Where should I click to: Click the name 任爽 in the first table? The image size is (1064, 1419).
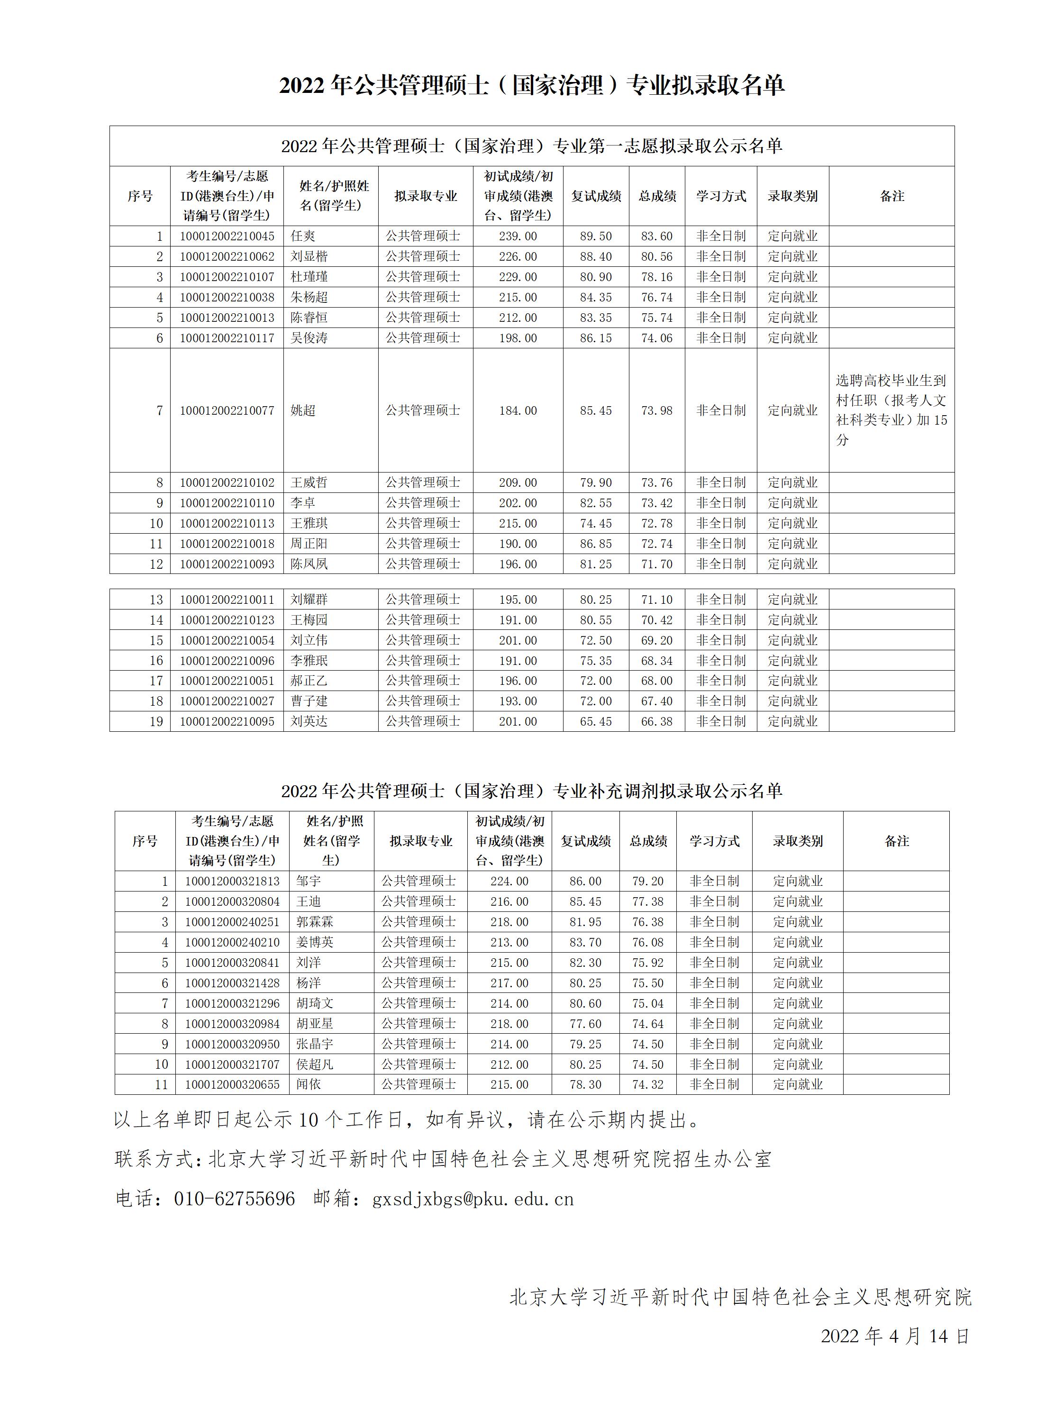point(303,236)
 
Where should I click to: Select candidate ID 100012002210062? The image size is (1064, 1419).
point(227,256)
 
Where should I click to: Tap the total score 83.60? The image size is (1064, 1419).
point(657,236)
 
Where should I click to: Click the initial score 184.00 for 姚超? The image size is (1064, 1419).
point(518,410)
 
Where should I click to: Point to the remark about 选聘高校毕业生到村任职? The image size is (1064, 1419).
point(891,410)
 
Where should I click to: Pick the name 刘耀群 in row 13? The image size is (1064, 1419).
point(309,600)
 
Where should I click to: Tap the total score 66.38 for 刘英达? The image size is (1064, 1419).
point(657,722)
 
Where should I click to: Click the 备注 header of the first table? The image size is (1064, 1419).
point(891,196)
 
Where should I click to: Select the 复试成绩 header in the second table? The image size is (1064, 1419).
point(585,841)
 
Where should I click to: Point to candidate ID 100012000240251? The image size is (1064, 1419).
point(232,922)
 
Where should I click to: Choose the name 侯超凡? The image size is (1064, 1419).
point(314,1064)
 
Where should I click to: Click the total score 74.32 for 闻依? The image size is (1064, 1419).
point(648,1084)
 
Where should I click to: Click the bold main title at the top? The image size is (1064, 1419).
point(532,85)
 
